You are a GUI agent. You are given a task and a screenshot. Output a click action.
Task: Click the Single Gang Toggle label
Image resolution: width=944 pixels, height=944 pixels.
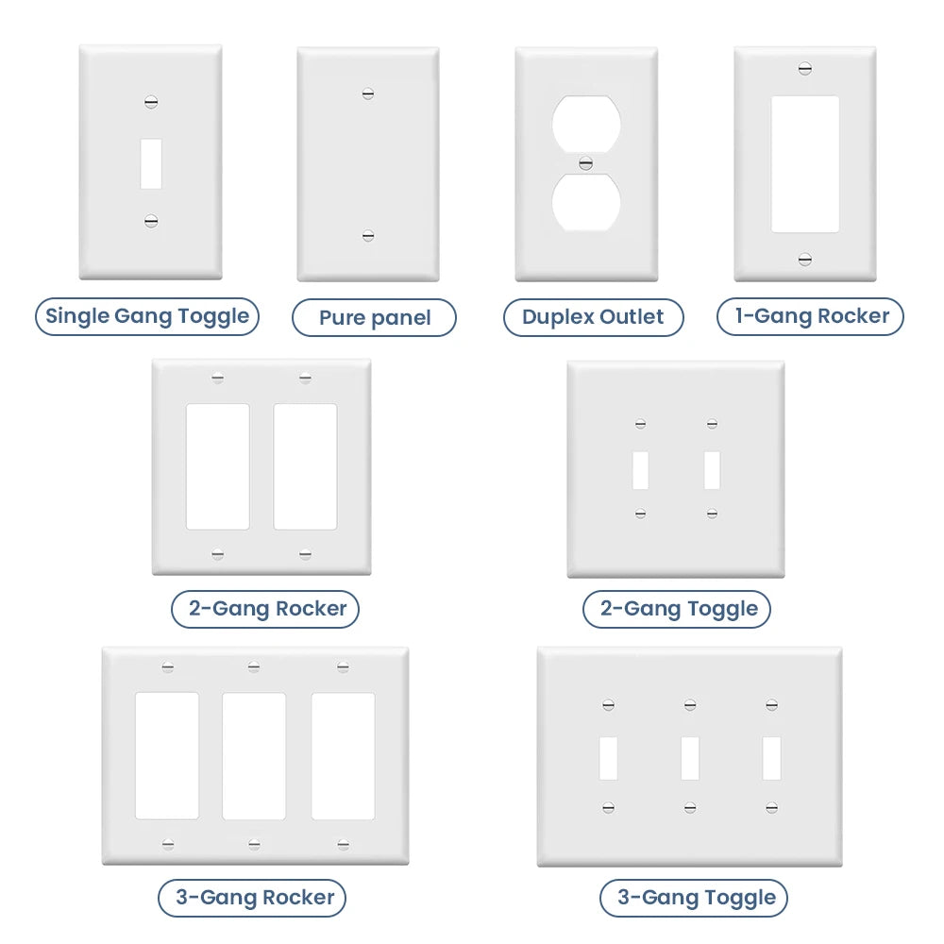click(x=147, y=316)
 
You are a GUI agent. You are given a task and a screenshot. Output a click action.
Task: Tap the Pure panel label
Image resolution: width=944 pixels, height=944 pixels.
click(x=374, y=318)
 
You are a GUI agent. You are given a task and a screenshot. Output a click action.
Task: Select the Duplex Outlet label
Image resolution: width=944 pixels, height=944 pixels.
click(x=593, y=317)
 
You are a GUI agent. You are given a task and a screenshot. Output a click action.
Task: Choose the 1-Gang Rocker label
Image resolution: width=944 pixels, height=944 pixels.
click(x=810, y=316)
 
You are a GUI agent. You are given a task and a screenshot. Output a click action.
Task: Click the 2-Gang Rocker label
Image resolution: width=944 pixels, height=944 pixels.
click(x=265, y=609)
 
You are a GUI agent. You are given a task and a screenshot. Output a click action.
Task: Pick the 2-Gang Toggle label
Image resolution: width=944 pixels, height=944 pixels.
click(x=677, y=609)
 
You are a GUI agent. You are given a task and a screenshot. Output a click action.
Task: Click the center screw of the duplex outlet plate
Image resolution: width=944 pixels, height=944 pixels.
click(x=586, y=163)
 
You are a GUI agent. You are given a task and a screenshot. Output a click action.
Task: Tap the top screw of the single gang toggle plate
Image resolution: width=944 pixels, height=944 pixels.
click(x=151, y=102)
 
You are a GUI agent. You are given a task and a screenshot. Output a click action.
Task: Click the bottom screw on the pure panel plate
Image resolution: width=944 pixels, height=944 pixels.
click(x=368, y=235)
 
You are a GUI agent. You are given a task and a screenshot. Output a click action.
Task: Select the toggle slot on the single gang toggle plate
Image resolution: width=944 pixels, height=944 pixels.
click(x=151, y=163)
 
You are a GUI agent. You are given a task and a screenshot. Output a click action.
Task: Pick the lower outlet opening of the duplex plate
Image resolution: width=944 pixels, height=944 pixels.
click(x=586, y=202)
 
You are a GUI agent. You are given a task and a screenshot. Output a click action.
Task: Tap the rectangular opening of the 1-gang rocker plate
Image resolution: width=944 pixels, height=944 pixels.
click(x=805, y=164)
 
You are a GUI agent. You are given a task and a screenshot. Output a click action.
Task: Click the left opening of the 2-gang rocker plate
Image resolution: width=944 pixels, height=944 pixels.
click(x=218, y=466)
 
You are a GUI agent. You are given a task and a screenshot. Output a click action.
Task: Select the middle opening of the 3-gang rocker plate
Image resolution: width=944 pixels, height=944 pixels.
click(x=254, y=756)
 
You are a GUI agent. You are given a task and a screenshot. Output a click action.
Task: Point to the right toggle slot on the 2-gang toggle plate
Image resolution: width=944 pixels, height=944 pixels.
click(x=712, y=470)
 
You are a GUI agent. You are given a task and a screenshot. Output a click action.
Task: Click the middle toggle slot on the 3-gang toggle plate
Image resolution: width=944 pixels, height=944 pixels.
click(x=691, y=759)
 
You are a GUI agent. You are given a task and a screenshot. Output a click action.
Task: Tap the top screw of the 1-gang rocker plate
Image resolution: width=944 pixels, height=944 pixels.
click(x=805, y=69)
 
